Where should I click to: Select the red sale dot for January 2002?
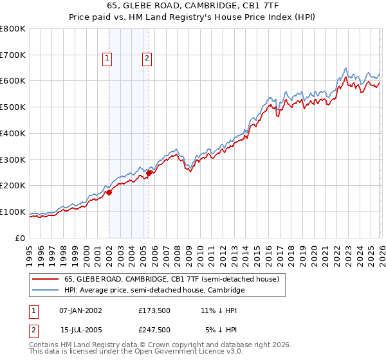coord(109,192)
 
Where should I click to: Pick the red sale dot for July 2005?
coord(149,172)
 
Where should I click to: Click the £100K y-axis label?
coord(13,212)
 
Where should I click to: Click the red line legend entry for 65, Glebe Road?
coord(170,280)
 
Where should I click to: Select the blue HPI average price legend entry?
coord(154,291)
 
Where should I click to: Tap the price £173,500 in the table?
coord(154,310)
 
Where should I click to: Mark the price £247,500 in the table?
coord(154,329)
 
